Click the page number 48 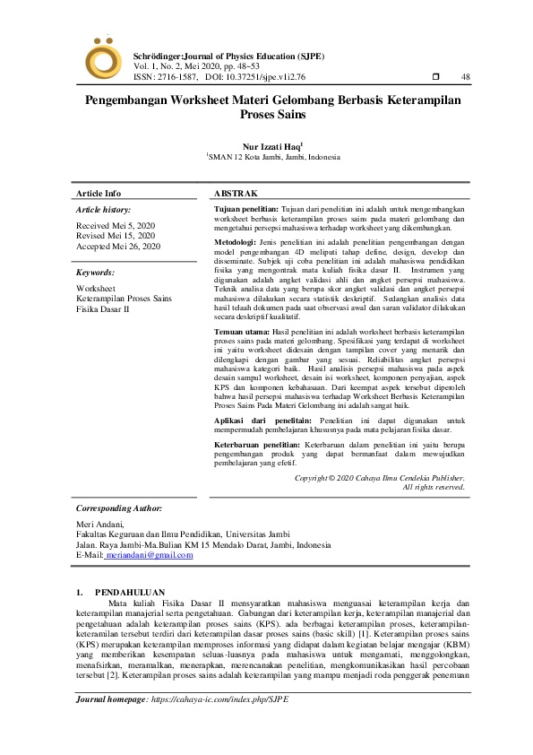(465, 77)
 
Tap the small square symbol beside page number (435, 77)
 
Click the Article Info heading (99, 194)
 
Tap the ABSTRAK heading (236, 194)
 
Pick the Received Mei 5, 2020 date (116, 225)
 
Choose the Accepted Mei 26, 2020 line (118, 247)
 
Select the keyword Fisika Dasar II (103, 308)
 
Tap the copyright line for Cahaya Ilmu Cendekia (380, 478)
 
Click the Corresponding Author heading (119, 508)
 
